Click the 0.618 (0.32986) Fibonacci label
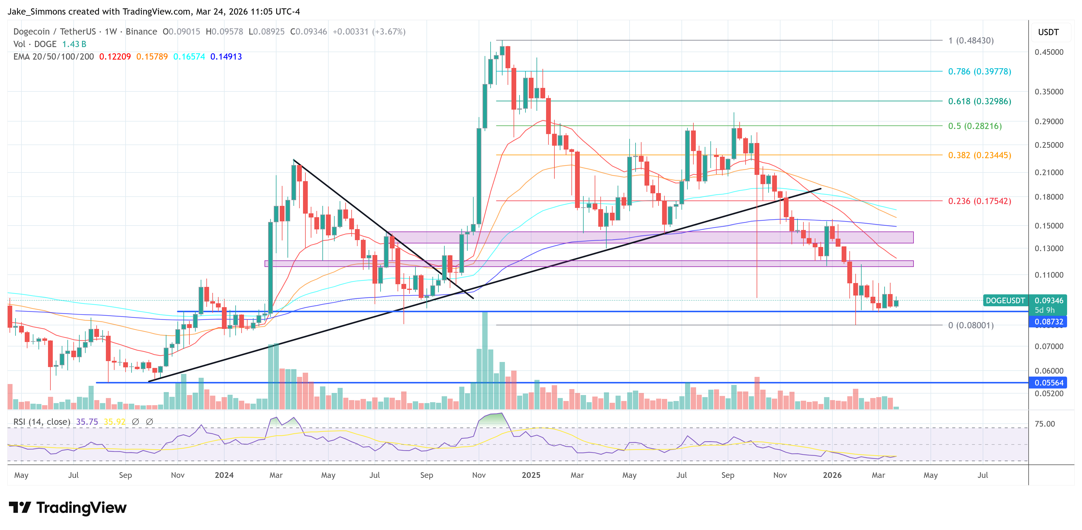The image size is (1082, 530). (979, 101)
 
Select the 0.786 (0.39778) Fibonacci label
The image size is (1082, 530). (979, 71)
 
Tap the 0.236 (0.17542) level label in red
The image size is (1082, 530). (979, 201)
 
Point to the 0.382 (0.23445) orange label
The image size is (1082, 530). (979, 155)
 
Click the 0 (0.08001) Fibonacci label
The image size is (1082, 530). (971, 325)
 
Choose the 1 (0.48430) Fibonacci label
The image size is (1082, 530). (971, 41)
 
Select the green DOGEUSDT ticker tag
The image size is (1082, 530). (1005, 301)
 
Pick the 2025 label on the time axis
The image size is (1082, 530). (531, 475)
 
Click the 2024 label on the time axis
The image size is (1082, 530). (224, 475)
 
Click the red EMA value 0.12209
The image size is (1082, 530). (115, 57)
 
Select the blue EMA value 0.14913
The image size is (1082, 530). (226, 57)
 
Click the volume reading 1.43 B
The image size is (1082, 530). (74, 44)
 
